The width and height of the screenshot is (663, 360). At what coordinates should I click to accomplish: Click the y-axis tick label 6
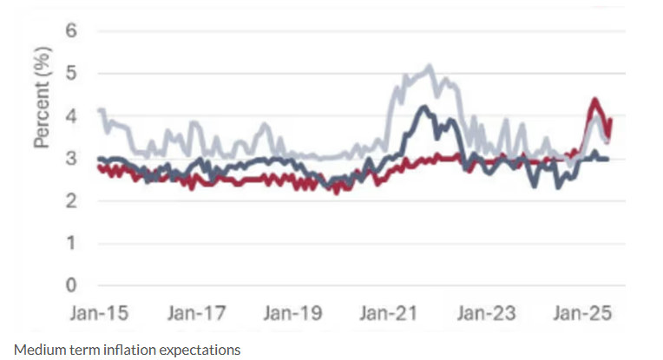[72, 30]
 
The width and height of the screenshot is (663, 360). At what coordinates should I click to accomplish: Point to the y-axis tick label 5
[72, 73]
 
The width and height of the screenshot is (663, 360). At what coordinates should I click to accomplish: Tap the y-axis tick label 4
[72, 115]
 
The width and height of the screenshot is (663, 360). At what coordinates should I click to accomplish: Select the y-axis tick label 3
[72, 158]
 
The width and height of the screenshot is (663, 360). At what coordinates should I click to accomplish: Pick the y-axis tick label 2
[72, 200]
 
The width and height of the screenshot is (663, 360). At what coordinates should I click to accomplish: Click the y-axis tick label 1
[72, 243]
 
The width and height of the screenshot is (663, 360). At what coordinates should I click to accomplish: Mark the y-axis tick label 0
[72, 285]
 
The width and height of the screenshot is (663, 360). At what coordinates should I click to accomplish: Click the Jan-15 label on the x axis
[100, 314]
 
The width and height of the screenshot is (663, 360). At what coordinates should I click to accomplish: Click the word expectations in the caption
[195, 350]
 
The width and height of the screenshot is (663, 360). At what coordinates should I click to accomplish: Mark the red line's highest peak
[594, 100]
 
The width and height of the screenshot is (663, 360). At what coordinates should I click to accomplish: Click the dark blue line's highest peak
[423, 108]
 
